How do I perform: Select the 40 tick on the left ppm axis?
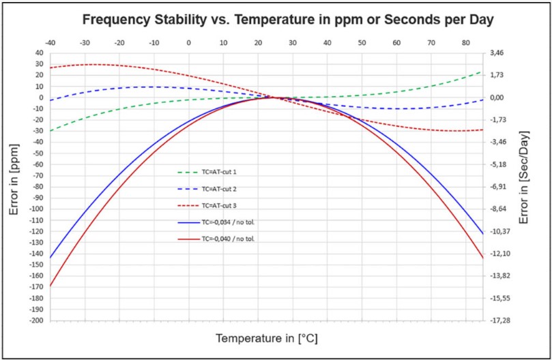pos(38,52)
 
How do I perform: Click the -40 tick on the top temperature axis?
pos(50,42)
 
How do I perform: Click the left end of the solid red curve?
pos(50,286)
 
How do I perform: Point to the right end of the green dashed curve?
pos(482,71)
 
